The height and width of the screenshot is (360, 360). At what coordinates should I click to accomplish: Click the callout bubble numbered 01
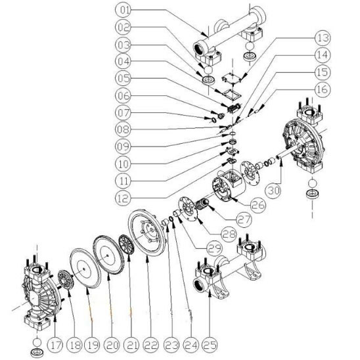coord(124,10)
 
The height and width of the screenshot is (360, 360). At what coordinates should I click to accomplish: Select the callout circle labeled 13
coord(323,38)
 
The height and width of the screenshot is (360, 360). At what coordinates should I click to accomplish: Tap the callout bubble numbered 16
coord(323,89)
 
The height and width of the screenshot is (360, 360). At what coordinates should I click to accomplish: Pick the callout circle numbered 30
coord(274,191)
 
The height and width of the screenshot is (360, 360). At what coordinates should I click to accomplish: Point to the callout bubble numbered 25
coord(210,345)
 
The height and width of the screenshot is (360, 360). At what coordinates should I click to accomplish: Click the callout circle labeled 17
coord(56,345)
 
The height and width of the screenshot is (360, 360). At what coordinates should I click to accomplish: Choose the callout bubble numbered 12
coord(124,198)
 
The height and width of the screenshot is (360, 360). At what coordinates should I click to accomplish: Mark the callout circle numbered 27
coord(244,219)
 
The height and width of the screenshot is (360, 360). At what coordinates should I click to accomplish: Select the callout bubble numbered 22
coord(151,345)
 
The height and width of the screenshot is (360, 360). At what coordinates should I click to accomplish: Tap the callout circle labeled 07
coord(124,113)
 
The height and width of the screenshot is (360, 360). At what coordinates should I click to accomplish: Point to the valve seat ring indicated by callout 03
coord(208,80)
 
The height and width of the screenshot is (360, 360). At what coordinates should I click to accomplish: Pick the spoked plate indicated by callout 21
coord(127,244)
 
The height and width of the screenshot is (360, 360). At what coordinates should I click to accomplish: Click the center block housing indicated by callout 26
coord(227,185)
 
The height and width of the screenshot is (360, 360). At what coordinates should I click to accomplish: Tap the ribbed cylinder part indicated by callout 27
coord(202,204)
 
